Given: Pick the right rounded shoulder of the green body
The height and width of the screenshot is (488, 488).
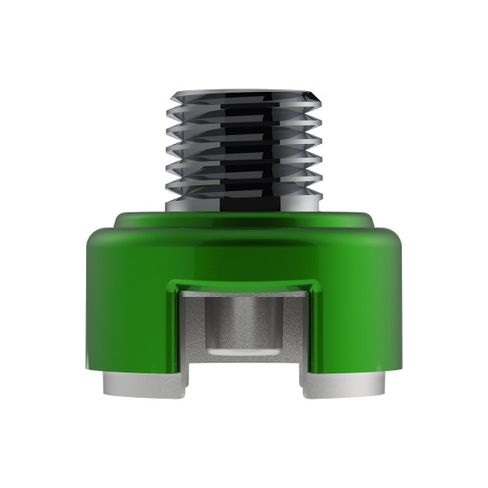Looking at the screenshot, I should (393, 240).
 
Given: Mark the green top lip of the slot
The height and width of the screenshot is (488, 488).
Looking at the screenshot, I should (243, 285).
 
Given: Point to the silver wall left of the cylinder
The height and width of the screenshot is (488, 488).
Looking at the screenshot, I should (193, 331).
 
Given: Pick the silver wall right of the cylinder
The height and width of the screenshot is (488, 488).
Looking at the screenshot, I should (294, 331).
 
